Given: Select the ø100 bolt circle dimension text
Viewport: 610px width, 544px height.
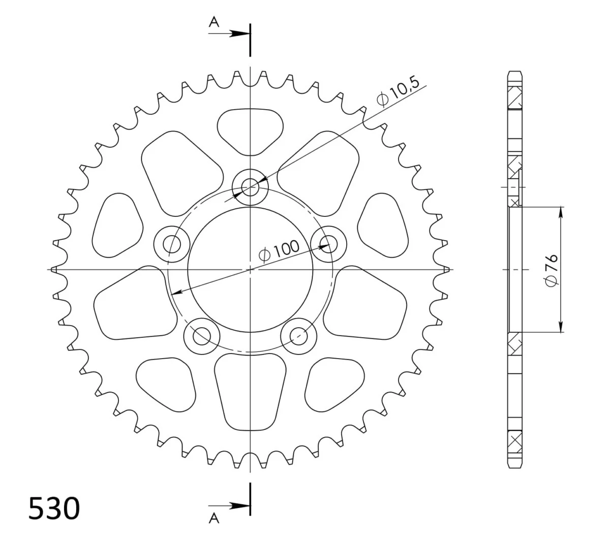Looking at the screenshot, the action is point(279,250).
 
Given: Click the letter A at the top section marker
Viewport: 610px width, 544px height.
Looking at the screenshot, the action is point(214,22).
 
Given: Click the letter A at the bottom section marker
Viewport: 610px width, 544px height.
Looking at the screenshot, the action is point(214,518).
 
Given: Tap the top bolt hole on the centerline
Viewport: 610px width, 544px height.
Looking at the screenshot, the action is point(250,187).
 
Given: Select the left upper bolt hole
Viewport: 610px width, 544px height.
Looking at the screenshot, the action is point(172,244).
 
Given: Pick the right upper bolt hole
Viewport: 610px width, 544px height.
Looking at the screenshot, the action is point(328,244).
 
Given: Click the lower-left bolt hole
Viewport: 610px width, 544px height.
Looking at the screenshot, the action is point(202,336).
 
